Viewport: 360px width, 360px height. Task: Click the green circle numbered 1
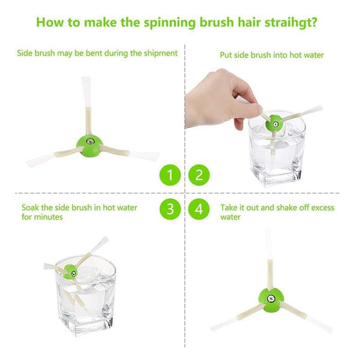coord(170,176)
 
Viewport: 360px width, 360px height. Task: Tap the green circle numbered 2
coord(199,176)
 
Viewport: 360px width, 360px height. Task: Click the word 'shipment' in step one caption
coord(160,53)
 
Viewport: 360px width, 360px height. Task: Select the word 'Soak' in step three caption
coord(31,208)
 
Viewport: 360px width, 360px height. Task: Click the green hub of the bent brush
coord(88,142)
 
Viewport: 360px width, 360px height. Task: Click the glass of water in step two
coord(277,153)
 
